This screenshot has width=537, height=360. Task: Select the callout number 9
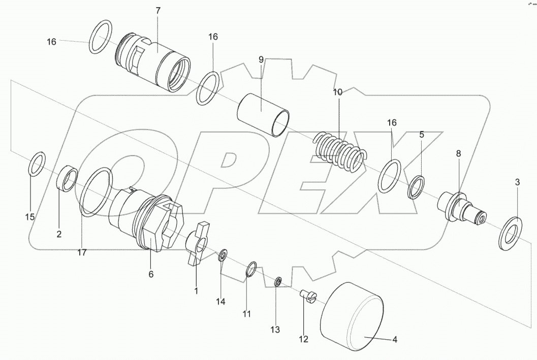coord(261,59)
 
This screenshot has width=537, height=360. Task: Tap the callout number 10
coord(338,92)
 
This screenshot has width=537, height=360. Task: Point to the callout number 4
coord(394,340)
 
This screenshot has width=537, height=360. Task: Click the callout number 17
coord(82,252)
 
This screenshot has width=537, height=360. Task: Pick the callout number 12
coord(304,339)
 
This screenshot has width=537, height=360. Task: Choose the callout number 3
coord(517,182)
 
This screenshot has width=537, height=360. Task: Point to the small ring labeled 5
coord(417,186)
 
